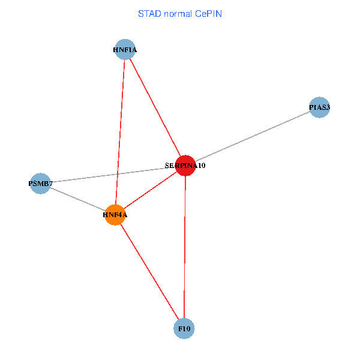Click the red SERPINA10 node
185,165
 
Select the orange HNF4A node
115,215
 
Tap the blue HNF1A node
125,50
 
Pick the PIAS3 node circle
319,108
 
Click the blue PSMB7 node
40,184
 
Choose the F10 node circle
184,329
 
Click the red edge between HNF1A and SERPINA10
155,107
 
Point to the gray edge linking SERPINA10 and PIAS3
252,137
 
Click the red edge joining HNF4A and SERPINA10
150,190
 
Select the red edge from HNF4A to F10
149,272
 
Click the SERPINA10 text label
185,165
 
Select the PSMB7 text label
41,184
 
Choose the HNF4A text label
115,215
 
